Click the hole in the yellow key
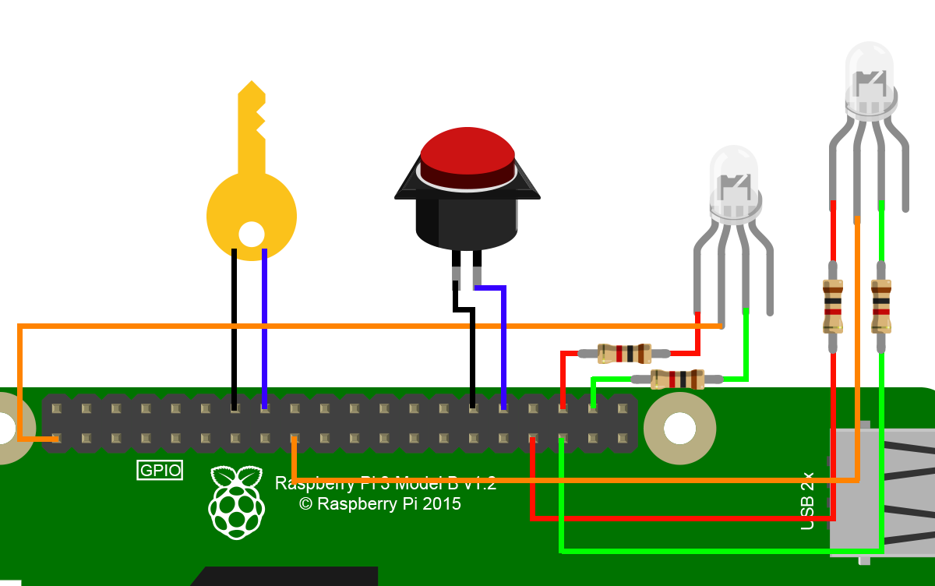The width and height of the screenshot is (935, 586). [251, 234]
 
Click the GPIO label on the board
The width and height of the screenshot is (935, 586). [160, 471]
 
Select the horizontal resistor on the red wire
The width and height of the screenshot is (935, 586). [624, 354]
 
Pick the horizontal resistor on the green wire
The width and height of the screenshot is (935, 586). [677, 379]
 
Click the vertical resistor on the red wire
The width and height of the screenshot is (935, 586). [833, 305]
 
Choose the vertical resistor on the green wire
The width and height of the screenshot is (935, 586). [881, 305]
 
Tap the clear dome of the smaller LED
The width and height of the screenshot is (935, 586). [733, 175]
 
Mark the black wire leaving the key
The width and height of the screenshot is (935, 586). [234, 327]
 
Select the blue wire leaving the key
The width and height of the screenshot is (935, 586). [265, 327]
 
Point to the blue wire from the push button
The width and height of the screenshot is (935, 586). [503, 343]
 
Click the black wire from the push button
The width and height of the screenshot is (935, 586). [472, 351]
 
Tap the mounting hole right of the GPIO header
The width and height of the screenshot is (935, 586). [679, 427]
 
